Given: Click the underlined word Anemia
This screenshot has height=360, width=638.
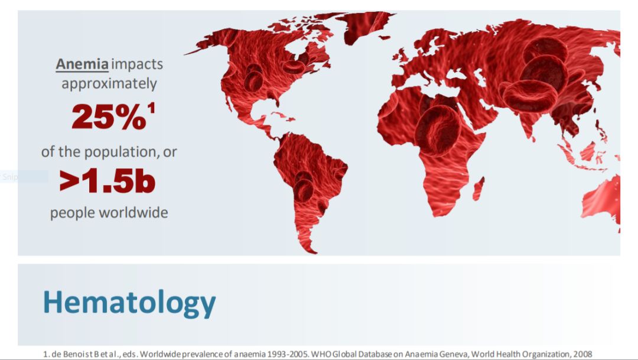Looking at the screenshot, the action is [82, 64].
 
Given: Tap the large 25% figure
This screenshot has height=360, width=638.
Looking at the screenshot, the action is [109, 116].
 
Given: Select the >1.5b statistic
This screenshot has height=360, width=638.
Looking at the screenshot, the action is [108, 181].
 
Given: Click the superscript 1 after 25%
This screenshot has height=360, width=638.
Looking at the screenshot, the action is [151, 108].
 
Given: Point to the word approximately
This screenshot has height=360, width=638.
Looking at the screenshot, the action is [109, 84].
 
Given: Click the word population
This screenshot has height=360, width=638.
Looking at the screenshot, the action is [122, 153].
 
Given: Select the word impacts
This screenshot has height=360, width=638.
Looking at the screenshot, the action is [137, 65].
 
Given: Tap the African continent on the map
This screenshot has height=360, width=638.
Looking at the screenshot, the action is [431, 151].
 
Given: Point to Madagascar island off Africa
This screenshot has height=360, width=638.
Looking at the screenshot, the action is [478, 189].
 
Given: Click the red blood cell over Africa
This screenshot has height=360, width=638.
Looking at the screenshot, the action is [437, 130].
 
